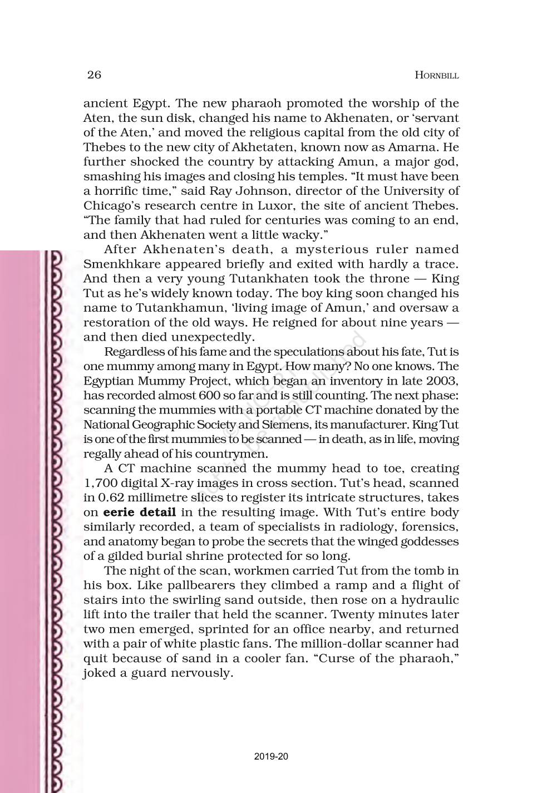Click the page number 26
coord(94,75)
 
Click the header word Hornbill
coord(437,76)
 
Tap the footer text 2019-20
coord(271,756)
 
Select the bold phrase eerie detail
coord(140,512)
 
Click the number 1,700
coord(100,483)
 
